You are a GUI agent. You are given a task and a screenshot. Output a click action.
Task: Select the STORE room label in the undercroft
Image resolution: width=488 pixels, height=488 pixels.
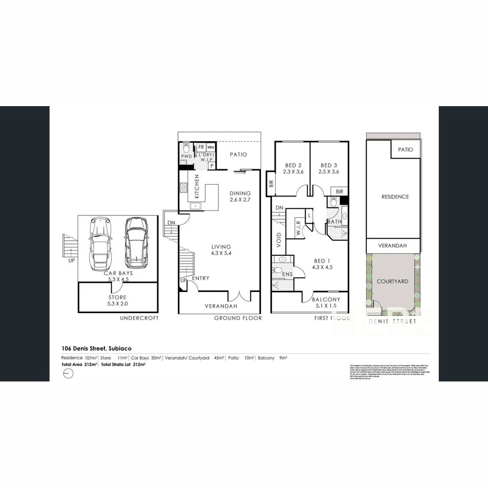pos(117,300)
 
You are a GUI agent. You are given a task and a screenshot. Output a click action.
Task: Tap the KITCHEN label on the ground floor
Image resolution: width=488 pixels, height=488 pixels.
pos(197,187)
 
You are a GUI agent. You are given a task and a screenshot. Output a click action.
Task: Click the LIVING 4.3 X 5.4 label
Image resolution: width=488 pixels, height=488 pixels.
pos(221,250)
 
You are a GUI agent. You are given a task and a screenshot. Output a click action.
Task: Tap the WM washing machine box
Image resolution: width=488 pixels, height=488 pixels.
pos(211,147)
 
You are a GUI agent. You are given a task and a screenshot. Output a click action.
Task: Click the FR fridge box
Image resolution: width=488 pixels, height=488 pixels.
pos(201,147)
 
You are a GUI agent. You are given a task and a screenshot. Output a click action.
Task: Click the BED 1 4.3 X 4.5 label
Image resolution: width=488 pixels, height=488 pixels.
pos(322,263)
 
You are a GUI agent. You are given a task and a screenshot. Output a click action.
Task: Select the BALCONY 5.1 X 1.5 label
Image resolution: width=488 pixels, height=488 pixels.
pos(326,302)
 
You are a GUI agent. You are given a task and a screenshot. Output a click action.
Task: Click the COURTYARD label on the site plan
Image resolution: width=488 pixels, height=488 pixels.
pos(392,281)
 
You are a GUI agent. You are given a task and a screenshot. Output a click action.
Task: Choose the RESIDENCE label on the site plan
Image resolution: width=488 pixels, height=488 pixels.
pos(395,197)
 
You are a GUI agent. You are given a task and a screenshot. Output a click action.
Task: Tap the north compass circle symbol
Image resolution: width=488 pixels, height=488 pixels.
pos(67,374)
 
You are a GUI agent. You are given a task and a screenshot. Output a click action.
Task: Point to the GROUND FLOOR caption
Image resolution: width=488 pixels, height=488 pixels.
pos(238,318)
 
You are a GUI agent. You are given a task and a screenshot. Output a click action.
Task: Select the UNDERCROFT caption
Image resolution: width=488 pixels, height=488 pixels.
pos(139,318)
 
